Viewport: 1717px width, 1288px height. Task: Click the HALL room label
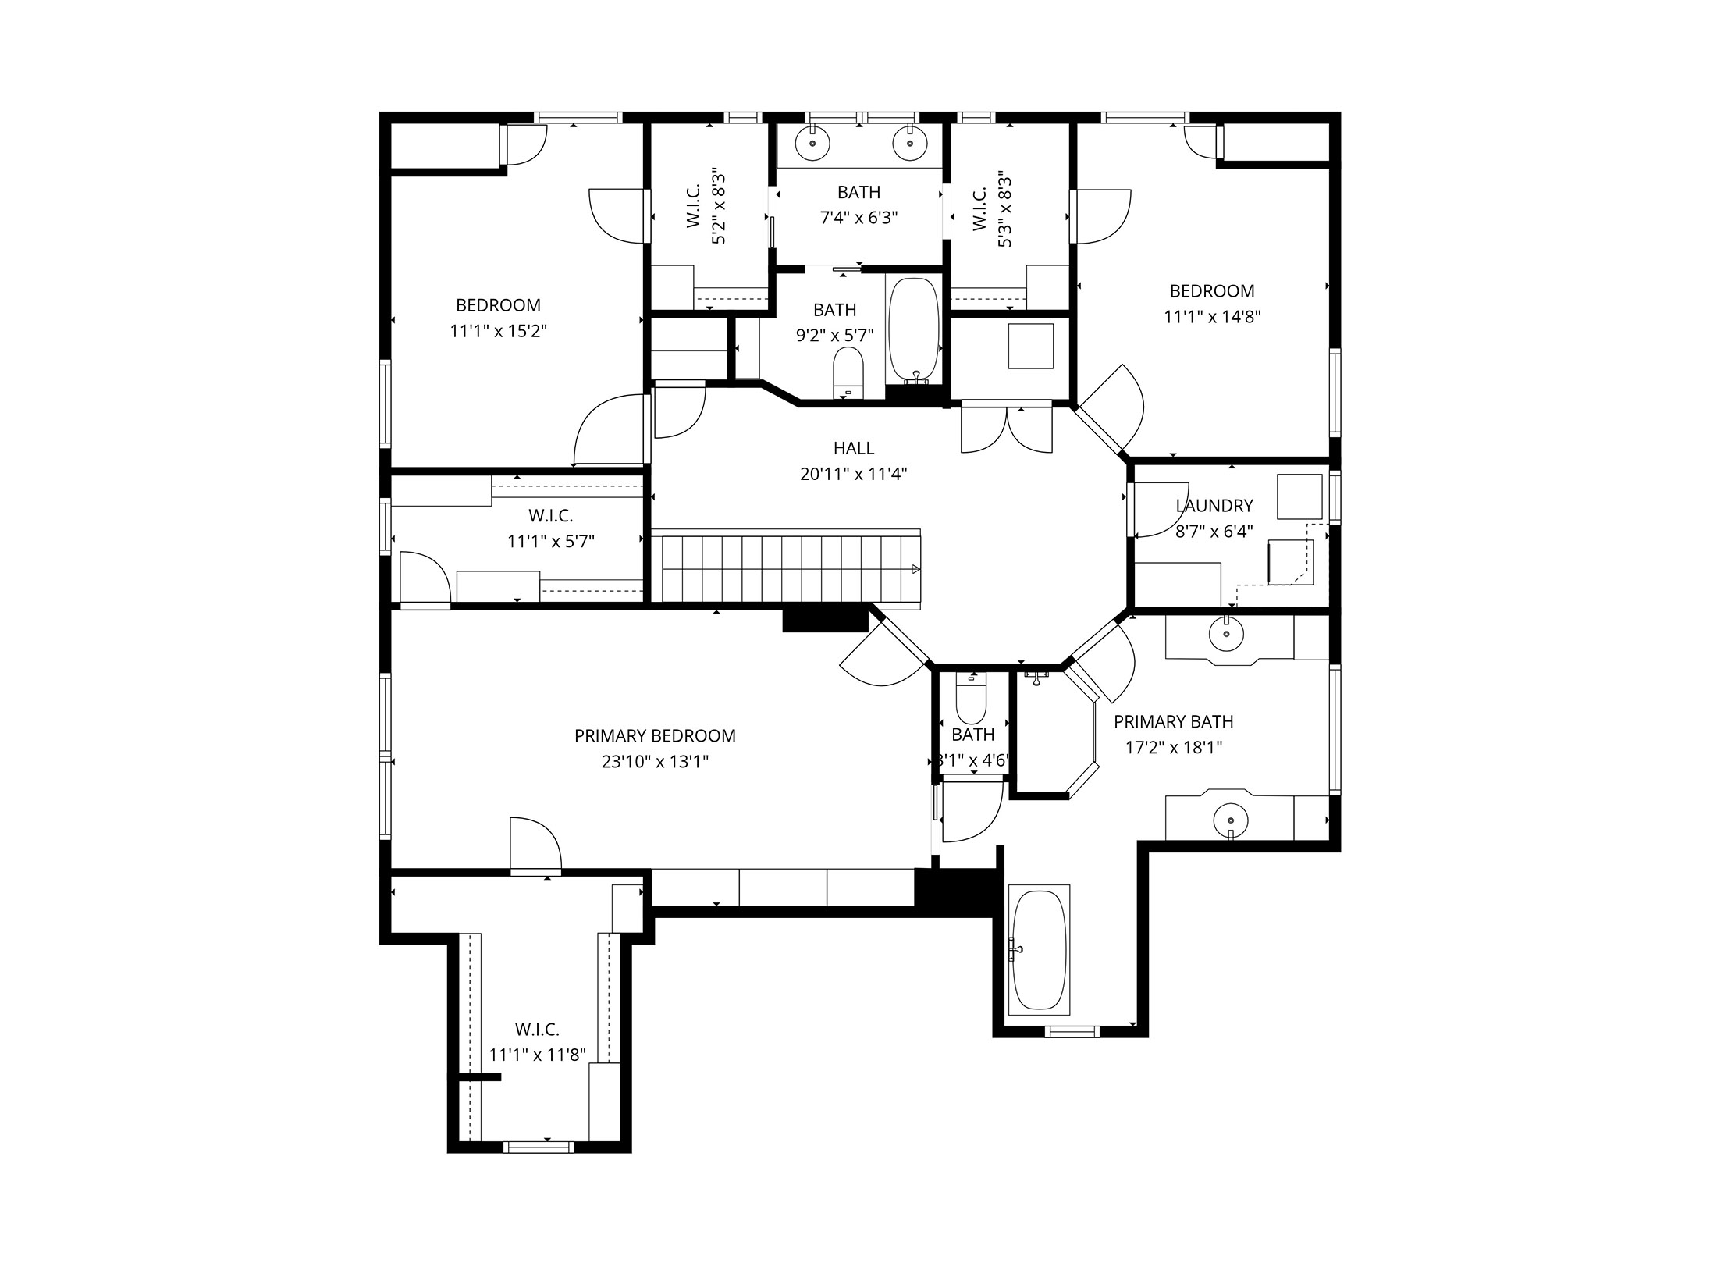[x=853, y=448]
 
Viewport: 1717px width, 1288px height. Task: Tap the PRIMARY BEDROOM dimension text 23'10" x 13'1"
[x=655, y=761]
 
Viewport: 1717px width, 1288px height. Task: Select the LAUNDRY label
[x=1214, y=506]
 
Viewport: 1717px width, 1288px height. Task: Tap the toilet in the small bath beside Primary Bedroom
[x=972, y=699]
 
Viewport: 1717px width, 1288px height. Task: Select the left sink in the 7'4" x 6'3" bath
[x=812, y=144]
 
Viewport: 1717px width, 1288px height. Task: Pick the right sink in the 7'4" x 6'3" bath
[x=909, y=144]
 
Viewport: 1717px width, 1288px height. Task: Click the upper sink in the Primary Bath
[x=1226, y=634]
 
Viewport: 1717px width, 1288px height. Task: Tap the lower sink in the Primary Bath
[x=1230, y=820]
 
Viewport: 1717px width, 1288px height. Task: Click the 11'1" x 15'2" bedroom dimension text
[x=498, y=331]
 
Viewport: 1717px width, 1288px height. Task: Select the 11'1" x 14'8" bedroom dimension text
[x=1212, y=317]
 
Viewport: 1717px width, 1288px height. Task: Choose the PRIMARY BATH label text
[x=1173, y=721]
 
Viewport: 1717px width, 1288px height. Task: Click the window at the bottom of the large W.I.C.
[x=539, y=1147]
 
